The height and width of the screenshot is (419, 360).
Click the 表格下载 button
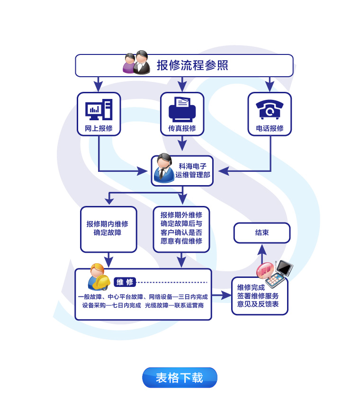pyautogui.click(x=180, y=377)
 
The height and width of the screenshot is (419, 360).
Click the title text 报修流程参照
pyautogui.click(x=192, y=65)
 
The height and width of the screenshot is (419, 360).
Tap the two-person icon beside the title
pyautogui.click(x=136, y=63)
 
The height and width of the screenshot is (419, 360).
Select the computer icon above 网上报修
pyautogui.click(x=99, y=110)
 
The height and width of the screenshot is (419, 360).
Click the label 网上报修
pyautogui.click(x=99, y=128)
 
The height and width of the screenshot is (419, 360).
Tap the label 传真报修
pyautogui.click(x=182, y=128)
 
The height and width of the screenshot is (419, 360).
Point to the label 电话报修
pyautogui.click(x=270, y=128)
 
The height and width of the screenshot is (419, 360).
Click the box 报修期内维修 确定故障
pyautogui.click(x=108, y=228)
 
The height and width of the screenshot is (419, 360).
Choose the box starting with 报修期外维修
pyautogui.click(x=181, y=228)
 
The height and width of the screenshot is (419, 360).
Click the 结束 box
pyautogui.click(x=262, y=232)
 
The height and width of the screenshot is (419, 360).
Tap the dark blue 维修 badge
pyautogui.click(x=125, y=282)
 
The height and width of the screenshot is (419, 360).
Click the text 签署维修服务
pyautogui.click(x=258, y=295)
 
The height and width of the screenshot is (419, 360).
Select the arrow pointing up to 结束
pyautogui.click(x=261, y=254)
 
